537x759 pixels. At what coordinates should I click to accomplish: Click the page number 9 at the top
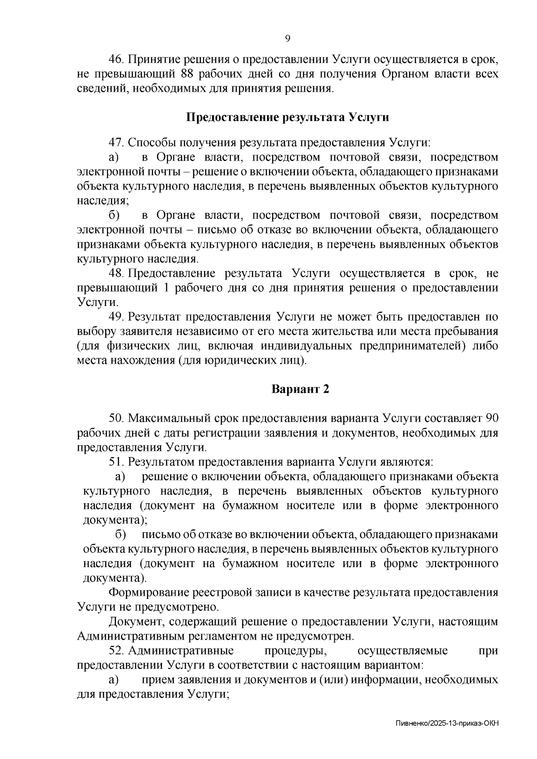[x=288, y=38]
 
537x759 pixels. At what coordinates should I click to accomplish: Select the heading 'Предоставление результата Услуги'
[x=287, y=118]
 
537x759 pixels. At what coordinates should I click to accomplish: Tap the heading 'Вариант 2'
[x=300, y=389]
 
